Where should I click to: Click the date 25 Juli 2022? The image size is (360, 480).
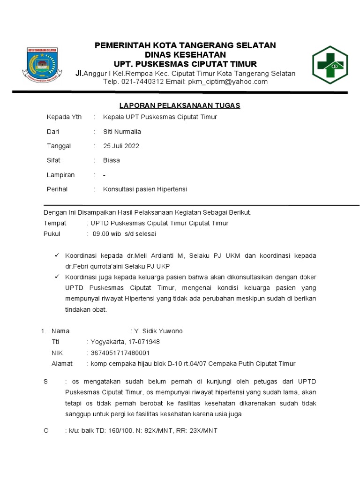pyautogui.click(x=121, y=146)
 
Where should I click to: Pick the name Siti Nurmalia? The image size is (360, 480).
pyautogui.click(x=122, y=131)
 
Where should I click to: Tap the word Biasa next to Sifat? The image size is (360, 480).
pyautogui.click(x=112, y=160)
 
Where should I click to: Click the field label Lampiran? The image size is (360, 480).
pyautogui.click(x=61, y=175)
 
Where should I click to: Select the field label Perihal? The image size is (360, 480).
pyautogui.click(x=57, y=189)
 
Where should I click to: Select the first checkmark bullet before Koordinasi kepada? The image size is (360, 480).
pyautogui.click(x=56, y=255)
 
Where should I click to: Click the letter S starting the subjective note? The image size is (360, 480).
pyautogui.click(x=46, y=382)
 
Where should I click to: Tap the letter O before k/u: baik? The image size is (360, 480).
pyautogui.click(x=46, y=430)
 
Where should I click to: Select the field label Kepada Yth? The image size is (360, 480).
pyautogui.click(x=64, y=117)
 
